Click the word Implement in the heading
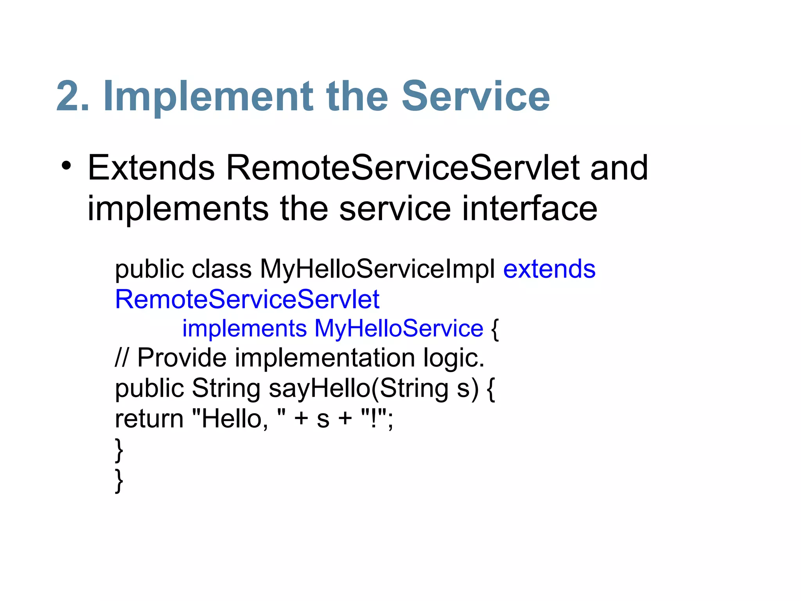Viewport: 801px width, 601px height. click(208, 96)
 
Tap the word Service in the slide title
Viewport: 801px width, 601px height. click(476, 96)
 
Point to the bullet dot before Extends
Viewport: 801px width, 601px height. click(66, 166)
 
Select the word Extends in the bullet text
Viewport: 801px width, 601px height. click(151, 168)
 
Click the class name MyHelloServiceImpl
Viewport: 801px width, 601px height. click(377, 269)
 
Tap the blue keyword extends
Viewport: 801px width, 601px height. click(549, 269)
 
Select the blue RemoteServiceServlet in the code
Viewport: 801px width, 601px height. click(247, 299)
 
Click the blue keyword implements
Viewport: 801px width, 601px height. click(244, 328)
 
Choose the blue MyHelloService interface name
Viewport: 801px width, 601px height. click(399, 328)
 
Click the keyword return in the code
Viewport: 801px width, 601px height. click(149, 419)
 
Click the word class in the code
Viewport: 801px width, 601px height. click(222, 269)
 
